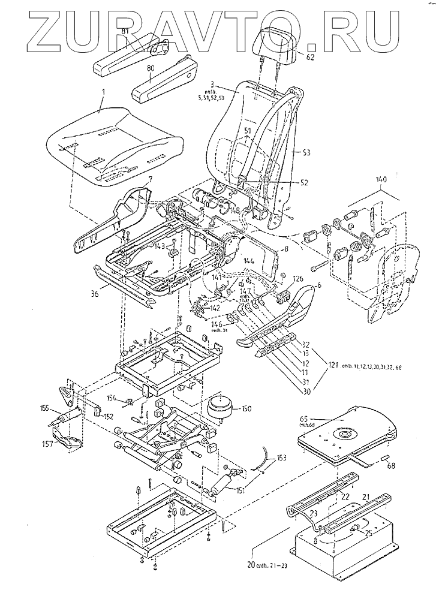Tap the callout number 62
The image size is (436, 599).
tap(311, 59)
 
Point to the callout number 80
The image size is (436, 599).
tap(149, 69)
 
